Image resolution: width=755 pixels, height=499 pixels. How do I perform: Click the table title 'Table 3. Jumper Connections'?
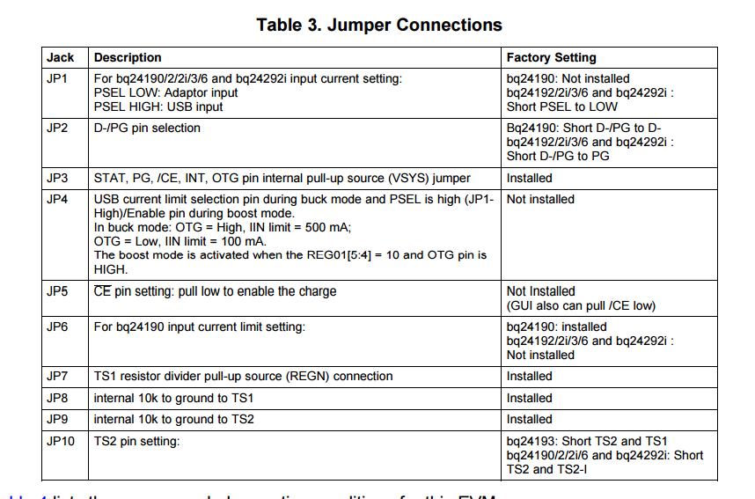pos(379,25)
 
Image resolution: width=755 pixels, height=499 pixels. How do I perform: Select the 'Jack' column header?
pos(61,57)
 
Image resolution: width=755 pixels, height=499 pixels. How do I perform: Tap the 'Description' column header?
pos(128,57)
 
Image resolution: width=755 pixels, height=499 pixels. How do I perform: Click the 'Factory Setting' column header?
pos(551,57)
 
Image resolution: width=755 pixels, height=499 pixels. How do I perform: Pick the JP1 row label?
pos(57,78)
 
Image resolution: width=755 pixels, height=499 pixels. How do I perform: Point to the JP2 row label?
pos(57,128)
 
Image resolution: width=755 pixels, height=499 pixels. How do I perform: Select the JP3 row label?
pos(57,178)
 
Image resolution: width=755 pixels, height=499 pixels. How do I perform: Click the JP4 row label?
pos(57,199)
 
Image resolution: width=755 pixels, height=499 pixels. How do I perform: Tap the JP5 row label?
pos(57,291)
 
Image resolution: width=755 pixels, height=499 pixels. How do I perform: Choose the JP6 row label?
pos(57,327)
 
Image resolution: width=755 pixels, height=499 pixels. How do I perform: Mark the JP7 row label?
pos(57,376)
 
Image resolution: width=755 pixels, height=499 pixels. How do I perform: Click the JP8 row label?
pos(57,398)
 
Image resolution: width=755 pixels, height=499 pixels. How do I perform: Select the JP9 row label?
pos(57,419)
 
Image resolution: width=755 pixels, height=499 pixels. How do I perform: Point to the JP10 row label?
pos(61,441)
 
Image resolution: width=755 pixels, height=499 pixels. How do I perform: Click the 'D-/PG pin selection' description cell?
pos(147,128)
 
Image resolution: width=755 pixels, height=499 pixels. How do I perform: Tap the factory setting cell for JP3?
pos(530,178)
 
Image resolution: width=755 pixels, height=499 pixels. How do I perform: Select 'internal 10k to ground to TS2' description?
pos(173,419)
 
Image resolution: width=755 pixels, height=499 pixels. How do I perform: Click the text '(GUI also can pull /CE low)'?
pos(581,305)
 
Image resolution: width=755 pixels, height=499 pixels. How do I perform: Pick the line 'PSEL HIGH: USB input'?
pos(158,106)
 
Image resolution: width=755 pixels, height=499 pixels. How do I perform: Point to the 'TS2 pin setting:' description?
pos(136,441)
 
